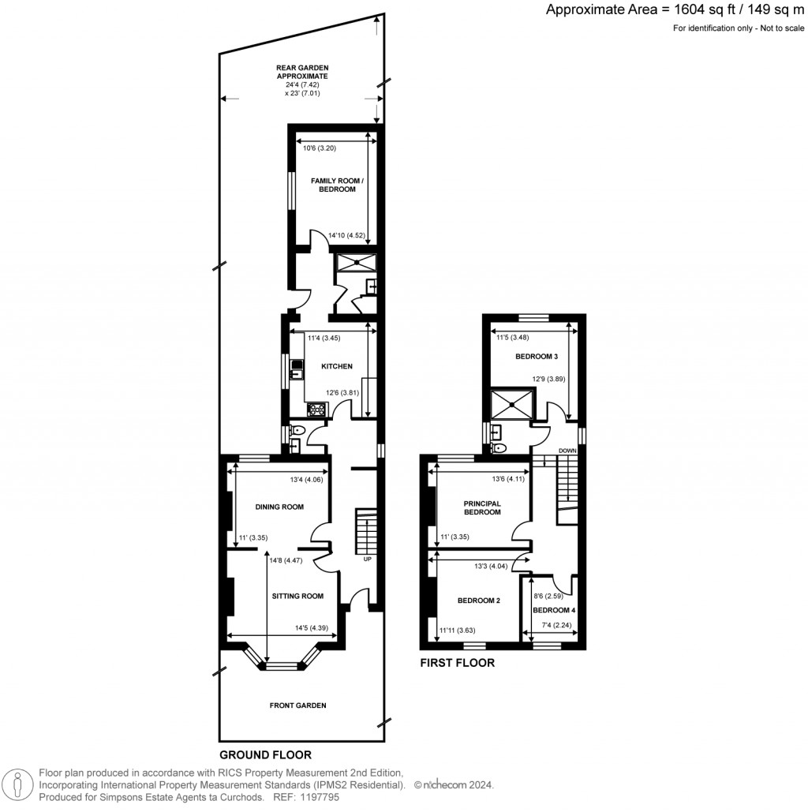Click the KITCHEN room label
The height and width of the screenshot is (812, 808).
click(336, 366)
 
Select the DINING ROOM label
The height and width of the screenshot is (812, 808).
click(279, 507)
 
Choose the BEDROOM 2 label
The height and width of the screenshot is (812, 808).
click(479, 601)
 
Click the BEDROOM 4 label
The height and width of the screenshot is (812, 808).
click(554, 610)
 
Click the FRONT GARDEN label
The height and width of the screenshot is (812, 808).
click(297, 705)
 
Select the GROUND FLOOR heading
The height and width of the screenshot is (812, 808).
click(265, 754)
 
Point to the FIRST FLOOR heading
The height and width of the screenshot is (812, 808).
click(457, 663)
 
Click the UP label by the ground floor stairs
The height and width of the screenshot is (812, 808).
click(367, 559)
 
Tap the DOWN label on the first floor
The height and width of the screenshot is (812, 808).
click(567, 451)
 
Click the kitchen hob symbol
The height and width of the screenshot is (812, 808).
click(316, 409)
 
